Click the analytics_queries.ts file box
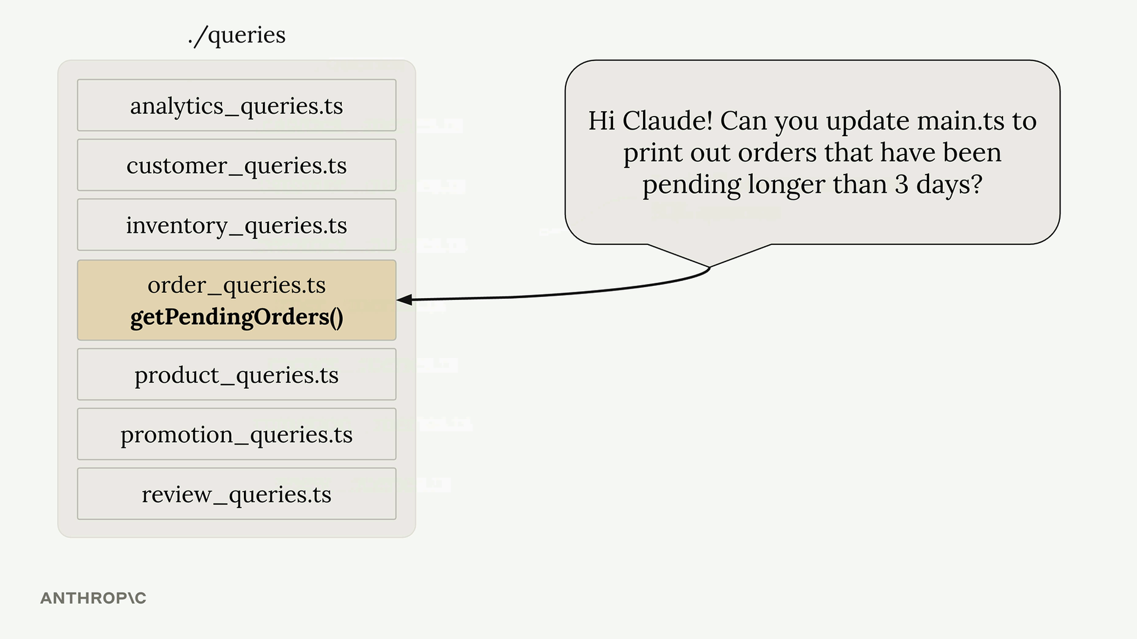(236, 105)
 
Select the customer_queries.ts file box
(236, 165)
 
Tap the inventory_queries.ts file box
(236, 225)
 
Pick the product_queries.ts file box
(236, 375)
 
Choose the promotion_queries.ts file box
(236, 434)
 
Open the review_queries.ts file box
(236, 494)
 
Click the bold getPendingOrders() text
(237, 317)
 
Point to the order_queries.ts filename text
(237, 285)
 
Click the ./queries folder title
(237, 35)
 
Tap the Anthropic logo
(93, 598)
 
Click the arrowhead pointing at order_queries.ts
(404, 300)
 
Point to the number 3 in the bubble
(901, 185)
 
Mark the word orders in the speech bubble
(778, 153)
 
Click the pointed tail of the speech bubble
(709, 267)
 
